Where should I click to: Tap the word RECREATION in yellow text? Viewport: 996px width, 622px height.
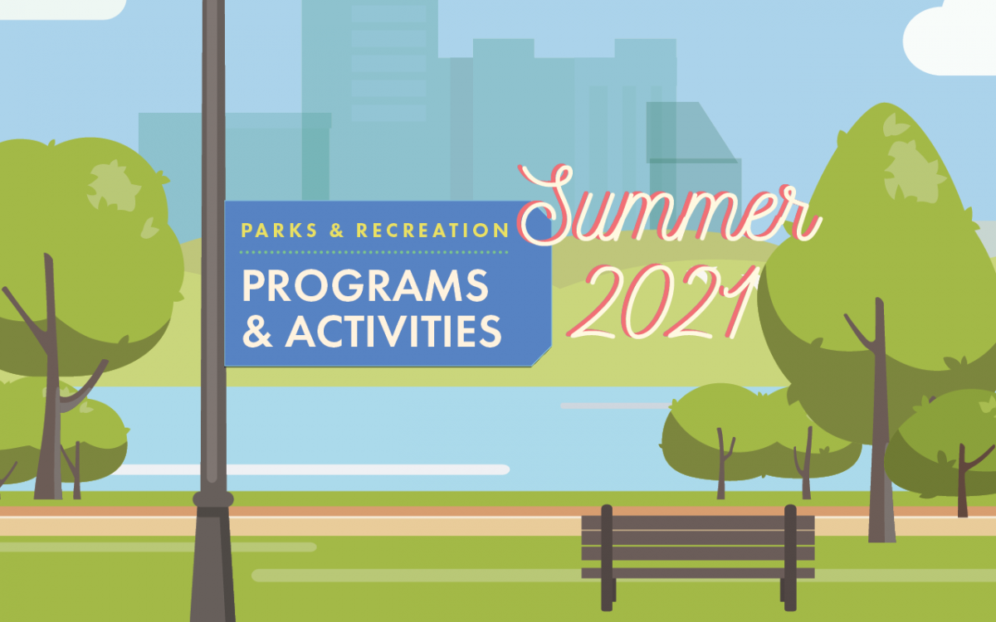(432, 231)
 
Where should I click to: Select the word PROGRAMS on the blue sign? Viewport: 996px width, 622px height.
(365, 287)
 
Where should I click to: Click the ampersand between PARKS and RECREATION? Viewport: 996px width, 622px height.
(336, 231)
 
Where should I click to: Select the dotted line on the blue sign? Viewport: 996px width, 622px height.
(373, 251)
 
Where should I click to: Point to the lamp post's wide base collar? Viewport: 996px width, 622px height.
(213, 499)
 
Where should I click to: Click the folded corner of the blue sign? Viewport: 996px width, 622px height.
(541, 357)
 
